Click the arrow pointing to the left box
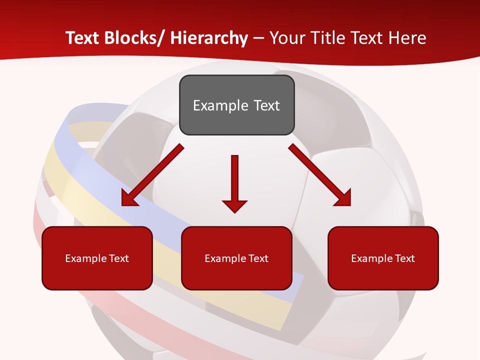coord(152,175)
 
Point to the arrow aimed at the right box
coord(319,175)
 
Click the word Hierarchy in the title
coord(209,38)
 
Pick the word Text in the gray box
coord(266,105)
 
